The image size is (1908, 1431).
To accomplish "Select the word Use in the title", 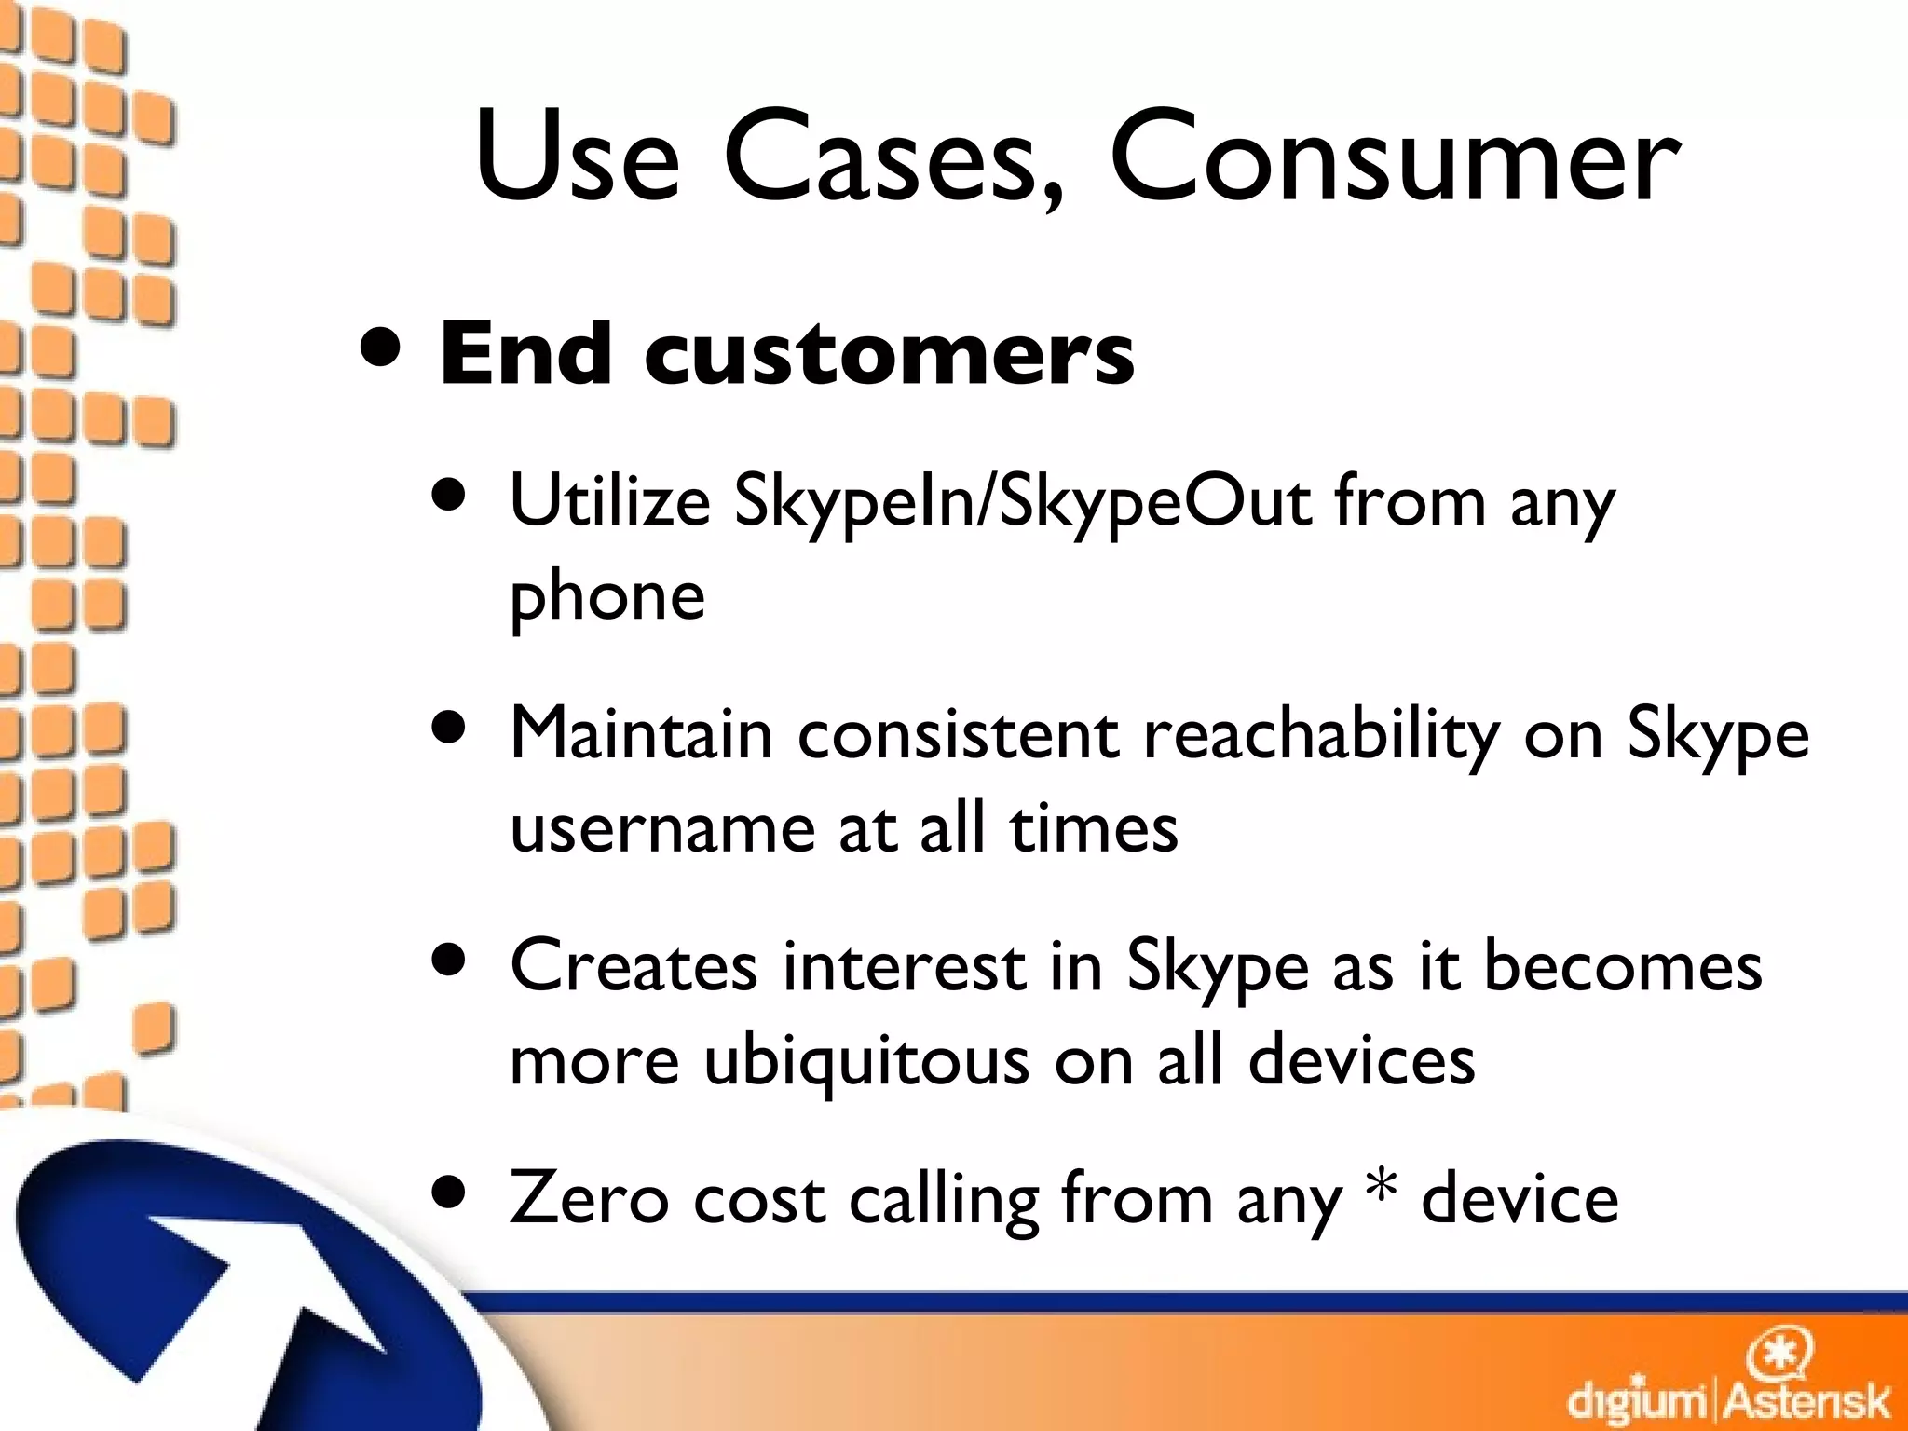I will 578,158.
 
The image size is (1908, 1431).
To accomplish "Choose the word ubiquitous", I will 866,1062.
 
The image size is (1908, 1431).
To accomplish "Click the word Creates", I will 634,967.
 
